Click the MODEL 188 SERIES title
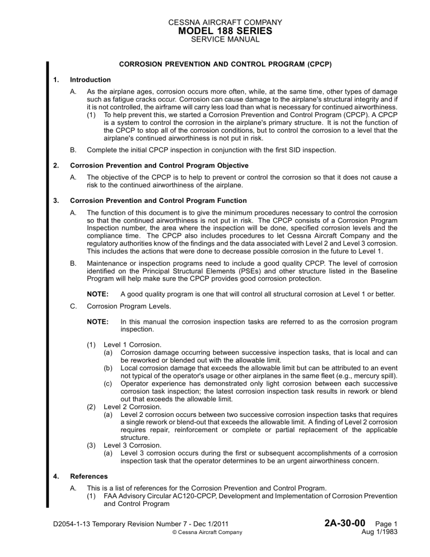(x=215, y=33)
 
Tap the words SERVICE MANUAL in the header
(x=215, y=43)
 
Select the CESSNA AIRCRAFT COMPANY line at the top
(x=215, y=23)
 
